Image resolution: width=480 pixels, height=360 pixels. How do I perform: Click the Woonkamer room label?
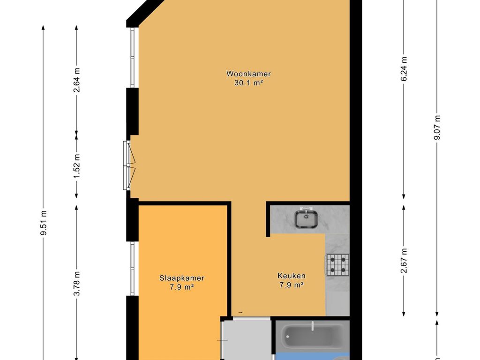click(x=248, y=74)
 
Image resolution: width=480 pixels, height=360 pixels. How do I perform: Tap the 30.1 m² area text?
click(x=248, y=82)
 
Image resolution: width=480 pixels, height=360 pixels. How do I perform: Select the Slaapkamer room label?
click(x=182, y=278)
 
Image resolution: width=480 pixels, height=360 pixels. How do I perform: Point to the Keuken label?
click(x=292, y=276)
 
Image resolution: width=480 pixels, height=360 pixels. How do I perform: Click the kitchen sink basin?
click(x=306, y=218)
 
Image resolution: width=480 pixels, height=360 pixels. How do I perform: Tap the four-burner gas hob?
click(x=337, y=265)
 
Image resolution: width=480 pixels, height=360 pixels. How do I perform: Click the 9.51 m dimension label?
click(x=44, y=223)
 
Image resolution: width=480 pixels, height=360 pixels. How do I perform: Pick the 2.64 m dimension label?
click(x=76, y=80)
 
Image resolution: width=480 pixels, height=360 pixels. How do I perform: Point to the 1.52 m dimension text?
click(x=76, y=166)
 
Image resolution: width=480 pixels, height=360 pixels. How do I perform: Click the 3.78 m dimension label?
click(x=76, y=284)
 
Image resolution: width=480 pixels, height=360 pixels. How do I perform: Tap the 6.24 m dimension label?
click(x=404, y=69)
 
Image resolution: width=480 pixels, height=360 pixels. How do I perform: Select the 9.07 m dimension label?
click(x=437, y=127)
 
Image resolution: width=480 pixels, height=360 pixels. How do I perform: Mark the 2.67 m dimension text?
click(x=404, y=261)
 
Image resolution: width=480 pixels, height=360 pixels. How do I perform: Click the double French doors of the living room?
click(x=128, y=166)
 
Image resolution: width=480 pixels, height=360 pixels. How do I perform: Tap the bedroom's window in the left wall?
click(x=132, y=269)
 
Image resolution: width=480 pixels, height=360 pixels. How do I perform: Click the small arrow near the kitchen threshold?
click(x=240, y=313)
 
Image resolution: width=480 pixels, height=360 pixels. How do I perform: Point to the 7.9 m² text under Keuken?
click(x=292, y=285)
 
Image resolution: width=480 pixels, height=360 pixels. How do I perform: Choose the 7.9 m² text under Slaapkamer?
click(x=182, y=287)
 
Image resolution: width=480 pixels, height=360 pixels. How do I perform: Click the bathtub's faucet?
click(x=312, y=326)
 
